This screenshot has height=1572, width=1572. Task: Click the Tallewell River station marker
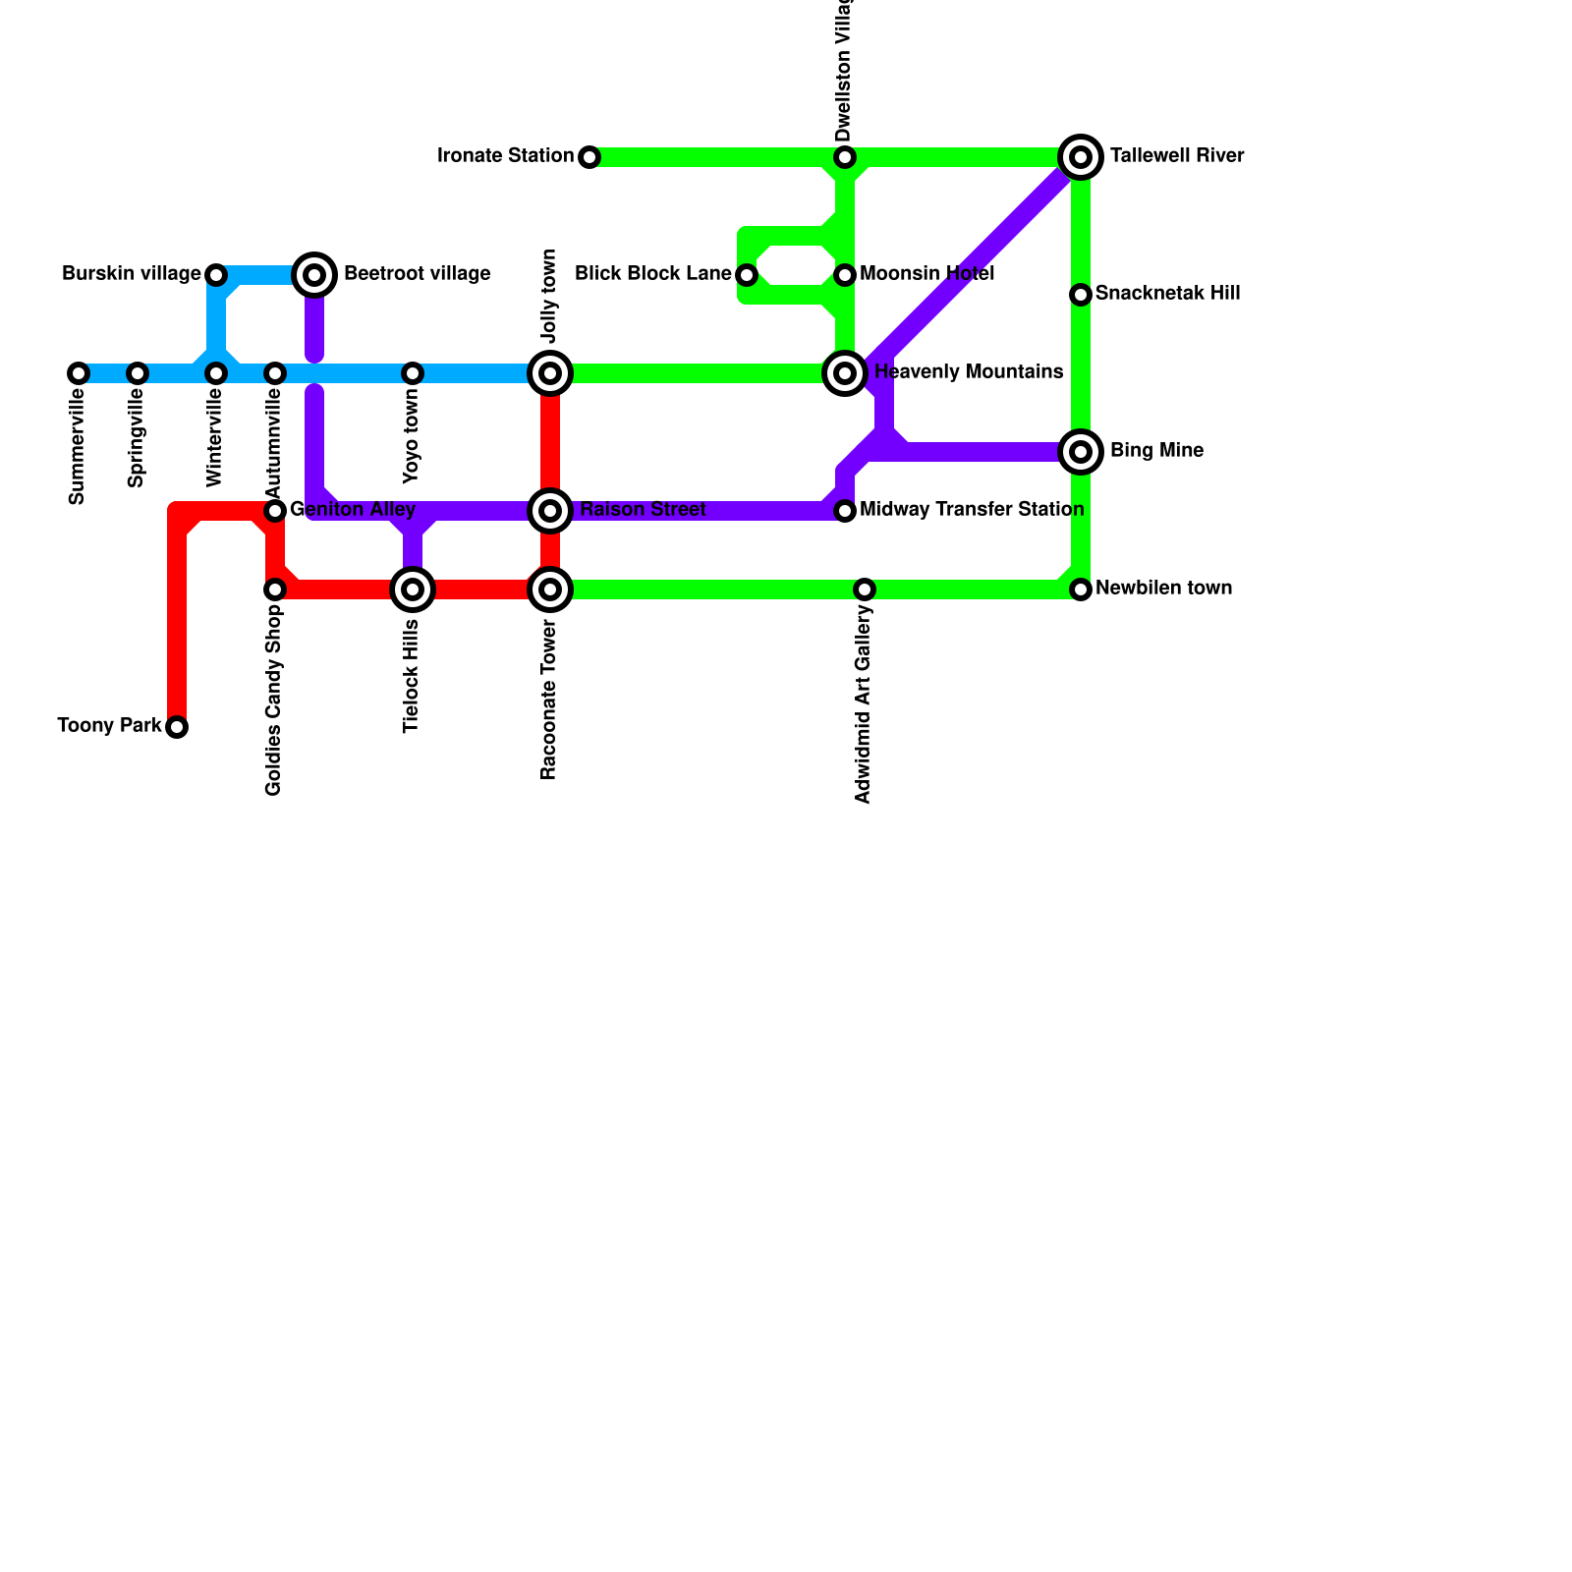pyautogui.click(x=1081, y=157)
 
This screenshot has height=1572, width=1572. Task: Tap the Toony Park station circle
pyautogui.click(x=177, y=727)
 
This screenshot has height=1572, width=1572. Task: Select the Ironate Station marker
pyautogui.click(x=589, y=157)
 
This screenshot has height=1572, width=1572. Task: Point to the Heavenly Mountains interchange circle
pyautogui.click(x=845, y=373)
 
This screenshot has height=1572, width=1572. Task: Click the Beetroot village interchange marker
pyautogui.click(x=314, y=275)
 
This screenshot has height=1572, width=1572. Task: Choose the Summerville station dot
pyautogui.click(x=79, y=373)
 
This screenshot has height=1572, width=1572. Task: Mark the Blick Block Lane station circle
pyautogui.click(x=747, y=275)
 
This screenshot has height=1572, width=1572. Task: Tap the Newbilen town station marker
pyautogui.click(x=1081, y=589)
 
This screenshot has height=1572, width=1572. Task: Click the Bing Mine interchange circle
pyautogui.click(x=1081, y=452)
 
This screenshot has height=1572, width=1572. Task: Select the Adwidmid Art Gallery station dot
pyautogui.click(x=865, y=589)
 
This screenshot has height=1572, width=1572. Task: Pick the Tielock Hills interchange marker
pyautogui.click(x=413, y=589)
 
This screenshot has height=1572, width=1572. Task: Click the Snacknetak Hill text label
pyautogui.click(x=1167, y=294)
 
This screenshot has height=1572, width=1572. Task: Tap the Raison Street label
pyautogui.click(x=643, y=510)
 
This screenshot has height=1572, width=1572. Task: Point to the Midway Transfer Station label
pyautogui.click(x=972, y=510)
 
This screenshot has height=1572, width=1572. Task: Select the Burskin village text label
pyautogui.click(x=132, y=274)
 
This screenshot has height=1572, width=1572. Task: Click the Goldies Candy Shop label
pyautogui.click(x=274, y=701)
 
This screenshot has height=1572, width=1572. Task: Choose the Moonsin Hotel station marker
pyautogui.click(x=845, y=275)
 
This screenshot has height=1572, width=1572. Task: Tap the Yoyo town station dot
pyautogui.click(x=413, y=373)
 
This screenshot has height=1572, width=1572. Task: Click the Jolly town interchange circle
pyautogui.click(x=550, y=373)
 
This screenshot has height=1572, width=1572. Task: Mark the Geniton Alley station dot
pyautogui.click(x=275, y=511)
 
